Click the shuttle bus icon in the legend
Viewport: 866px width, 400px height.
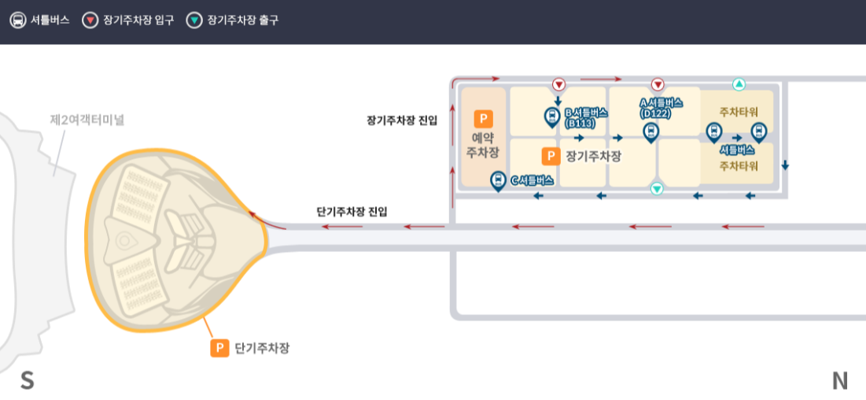17,20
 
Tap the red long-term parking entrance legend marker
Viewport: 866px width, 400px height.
90,20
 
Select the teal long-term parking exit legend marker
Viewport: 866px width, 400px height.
194,20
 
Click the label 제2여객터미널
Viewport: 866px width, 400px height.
87,120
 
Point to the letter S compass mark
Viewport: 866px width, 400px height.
28,381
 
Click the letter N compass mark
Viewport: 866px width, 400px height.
840,381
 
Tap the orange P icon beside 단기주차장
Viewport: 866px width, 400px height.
219,347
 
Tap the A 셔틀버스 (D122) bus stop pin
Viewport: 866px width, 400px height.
650,131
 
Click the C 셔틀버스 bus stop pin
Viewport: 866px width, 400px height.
498,181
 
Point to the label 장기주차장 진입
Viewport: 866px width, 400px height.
401,120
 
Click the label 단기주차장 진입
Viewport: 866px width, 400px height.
352,212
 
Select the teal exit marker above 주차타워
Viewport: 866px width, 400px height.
739,84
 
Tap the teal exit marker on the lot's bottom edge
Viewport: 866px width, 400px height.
657,188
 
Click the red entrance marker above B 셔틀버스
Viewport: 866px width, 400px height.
558,84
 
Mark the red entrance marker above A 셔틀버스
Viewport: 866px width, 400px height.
658,84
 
